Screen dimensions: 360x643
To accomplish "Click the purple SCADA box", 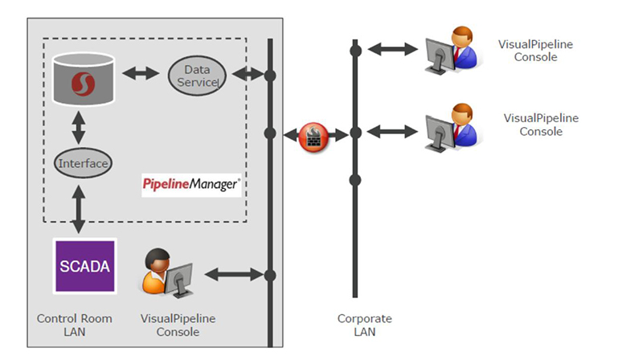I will click(84, 265).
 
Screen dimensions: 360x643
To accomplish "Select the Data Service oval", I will click(197, 76).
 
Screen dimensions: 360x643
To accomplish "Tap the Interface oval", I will click(83, 164).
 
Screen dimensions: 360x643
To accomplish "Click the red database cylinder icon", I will click(80, 79).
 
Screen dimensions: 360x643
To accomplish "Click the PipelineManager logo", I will click(190, 185).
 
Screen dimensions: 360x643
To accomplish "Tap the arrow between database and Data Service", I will click(140, 75).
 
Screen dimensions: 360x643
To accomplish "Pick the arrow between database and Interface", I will click(80, 126).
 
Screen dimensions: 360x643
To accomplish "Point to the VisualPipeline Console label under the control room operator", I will click(178, 325).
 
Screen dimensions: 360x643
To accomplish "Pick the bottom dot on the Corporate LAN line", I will click(354, 180).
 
